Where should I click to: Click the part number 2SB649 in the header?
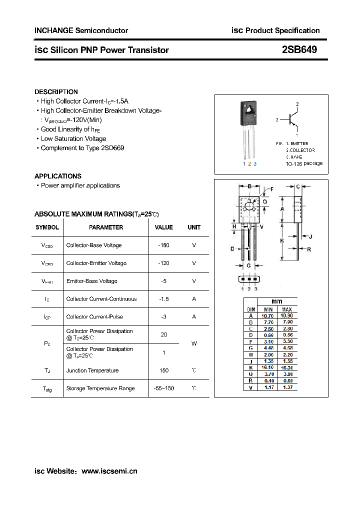tap(299, 50)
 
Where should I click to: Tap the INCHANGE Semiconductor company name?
tap(81, 30)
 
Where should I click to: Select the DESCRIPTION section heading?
tap(56, 92)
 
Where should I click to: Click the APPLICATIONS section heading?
tap(57, 176)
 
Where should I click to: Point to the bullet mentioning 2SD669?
tap(82, 148)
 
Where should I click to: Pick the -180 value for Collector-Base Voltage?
tap(163, 245)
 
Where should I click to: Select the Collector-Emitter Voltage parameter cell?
tap(96, 263)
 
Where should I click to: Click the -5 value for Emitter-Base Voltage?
tap(163, 281)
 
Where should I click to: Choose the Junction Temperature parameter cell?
tap(92, 370)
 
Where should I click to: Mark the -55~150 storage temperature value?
tap(163, 388)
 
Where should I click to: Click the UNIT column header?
tap(194, 227)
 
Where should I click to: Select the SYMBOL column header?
tap(47, 227)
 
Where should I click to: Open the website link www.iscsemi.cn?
tap(109, 471)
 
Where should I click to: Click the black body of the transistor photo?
tap(248, 114)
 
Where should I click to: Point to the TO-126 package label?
tap(304, 163)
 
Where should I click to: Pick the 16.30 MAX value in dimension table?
tap(286, 367)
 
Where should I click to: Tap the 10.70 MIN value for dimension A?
tap(268, 316)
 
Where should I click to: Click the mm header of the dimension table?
tap(277, 301)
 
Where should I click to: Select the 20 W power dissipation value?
tap(163, 334)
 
